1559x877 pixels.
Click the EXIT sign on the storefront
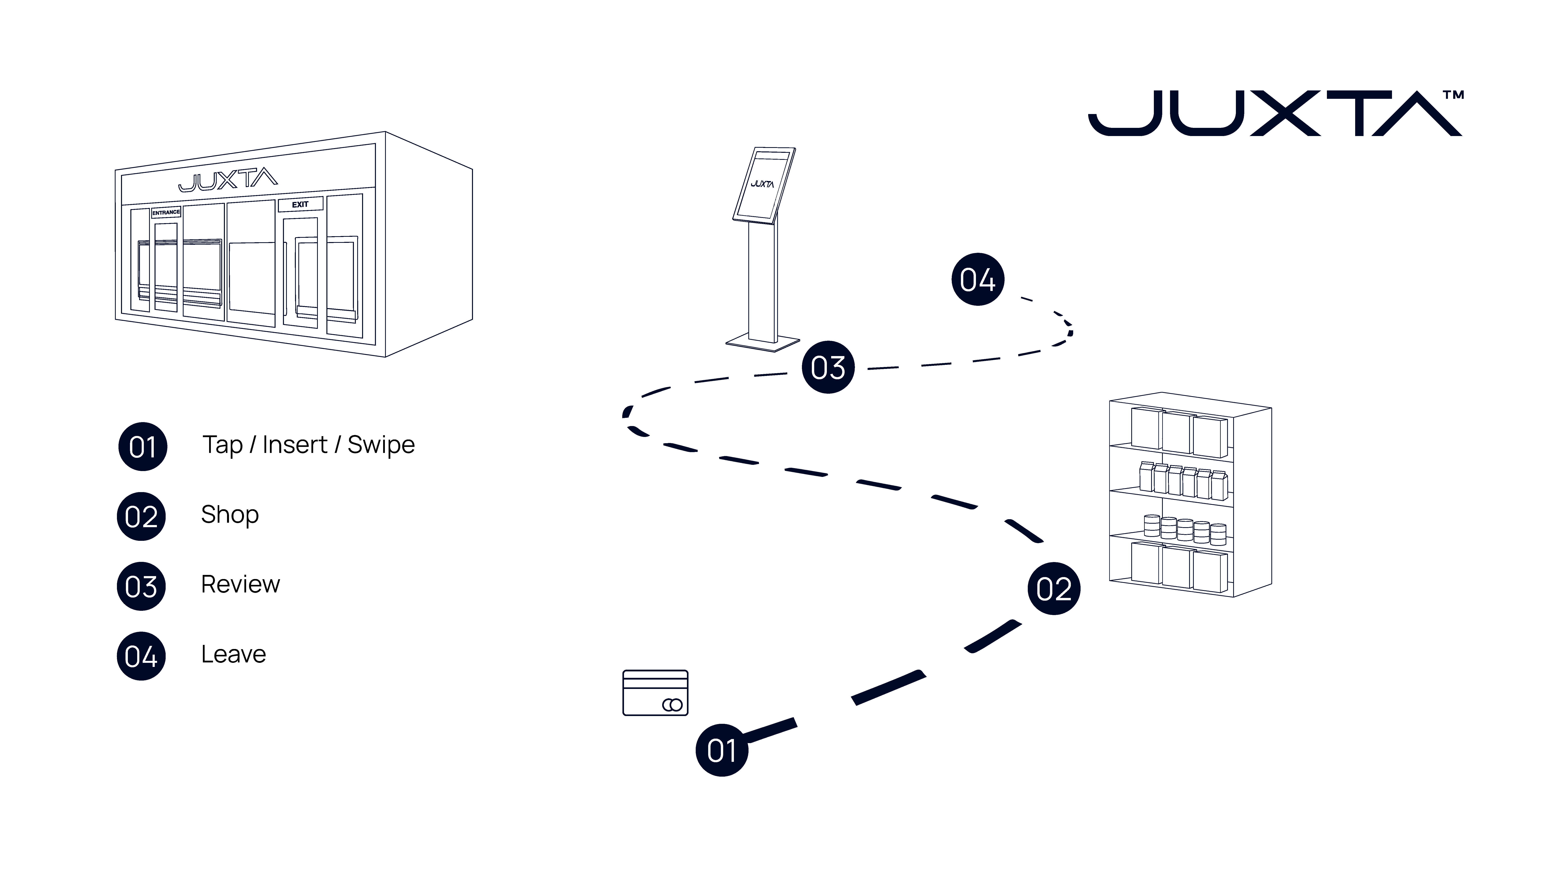(300, 205)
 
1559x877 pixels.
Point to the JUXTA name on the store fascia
(228, 180)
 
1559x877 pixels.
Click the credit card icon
(655, 693)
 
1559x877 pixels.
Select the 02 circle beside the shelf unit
(1054, 588)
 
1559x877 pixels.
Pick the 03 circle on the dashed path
(828, 367)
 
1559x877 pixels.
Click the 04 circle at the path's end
(977, 280)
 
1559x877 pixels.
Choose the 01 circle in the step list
(142, 447)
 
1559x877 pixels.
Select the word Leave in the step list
(234, 654)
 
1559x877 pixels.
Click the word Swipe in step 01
(381, 445)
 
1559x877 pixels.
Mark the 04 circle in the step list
(141, 656)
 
